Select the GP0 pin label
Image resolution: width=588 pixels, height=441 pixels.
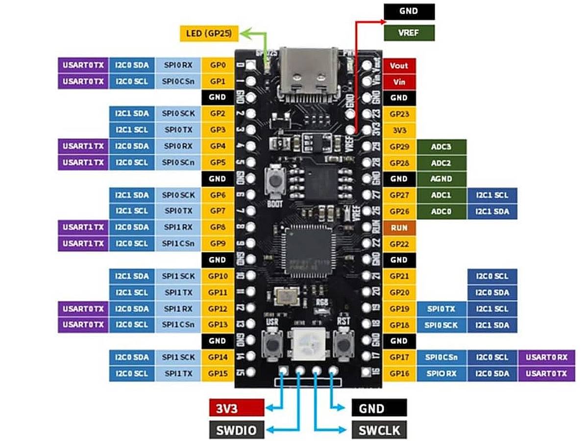point(217,65)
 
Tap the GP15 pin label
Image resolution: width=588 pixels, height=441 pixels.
point(217,373)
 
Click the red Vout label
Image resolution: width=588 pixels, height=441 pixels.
point(399,66)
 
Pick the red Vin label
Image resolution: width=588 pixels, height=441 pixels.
point(399,82)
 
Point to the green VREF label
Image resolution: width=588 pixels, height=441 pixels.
point(409,33)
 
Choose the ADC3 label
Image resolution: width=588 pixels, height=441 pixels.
point(441,147)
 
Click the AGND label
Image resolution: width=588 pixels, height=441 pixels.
point(441,179)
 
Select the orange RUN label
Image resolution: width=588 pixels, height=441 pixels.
point(399,228)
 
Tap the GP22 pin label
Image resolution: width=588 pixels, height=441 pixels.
point(399,244)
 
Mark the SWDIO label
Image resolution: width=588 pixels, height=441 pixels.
point(237,430)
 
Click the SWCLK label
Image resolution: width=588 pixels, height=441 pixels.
point(379,430)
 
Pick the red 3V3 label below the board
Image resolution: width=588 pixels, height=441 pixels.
point(237,408)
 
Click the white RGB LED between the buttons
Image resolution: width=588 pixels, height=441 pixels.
point(307,343)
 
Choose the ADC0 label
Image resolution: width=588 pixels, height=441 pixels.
point(441,212)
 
